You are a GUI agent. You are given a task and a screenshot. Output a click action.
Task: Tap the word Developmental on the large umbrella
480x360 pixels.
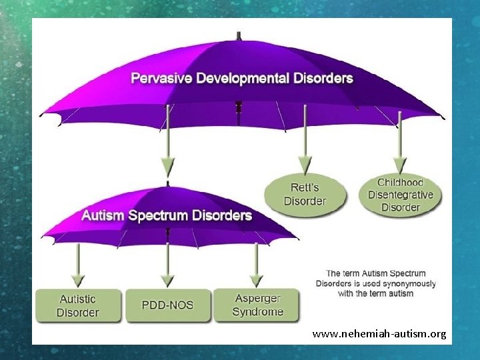coord(241,79)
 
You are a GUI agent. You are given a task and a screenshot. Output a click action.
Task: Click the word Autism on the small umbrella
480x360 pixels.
coord(102,216)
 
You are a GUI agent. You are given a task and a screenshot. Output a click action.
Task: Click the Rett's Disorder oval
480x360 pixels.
coord(305,195)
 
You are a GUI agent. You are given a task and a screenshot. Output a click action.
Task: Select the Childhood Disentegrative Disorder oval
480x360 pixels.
coord(401,194)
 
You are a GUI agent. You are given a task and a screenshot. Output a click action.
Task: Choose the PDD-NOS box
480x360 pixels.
coord(167,305)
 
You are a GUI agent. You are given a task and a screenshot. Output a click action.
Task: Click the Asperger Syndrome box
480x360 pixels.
coord(257,305)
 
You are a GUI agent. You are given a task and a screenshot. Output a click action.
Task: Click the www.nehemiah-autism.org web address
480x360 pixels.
coord(379,333)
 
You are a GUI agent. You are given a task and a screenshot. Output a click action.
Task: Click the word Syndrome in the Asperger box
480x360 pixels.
coord(257,312)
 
